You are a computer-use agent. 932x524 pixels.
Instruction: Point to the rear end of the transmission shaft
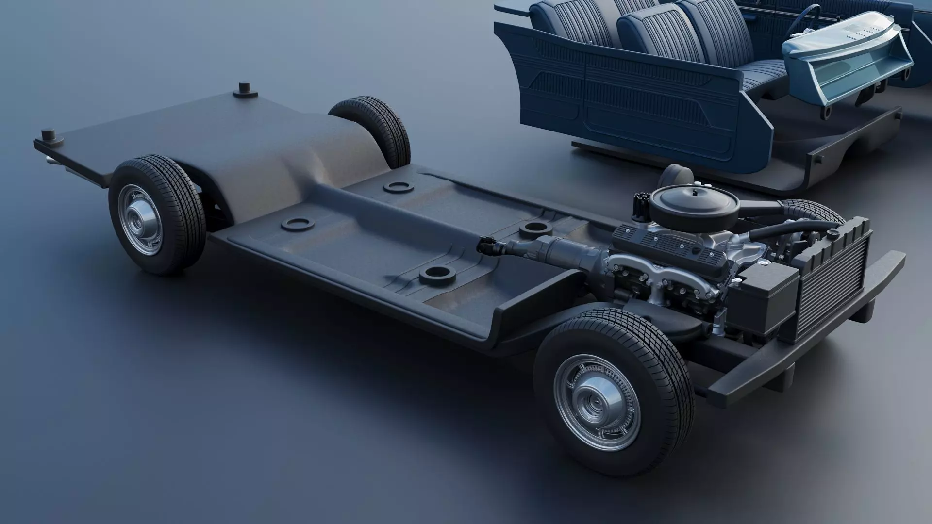pos(485,245)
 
